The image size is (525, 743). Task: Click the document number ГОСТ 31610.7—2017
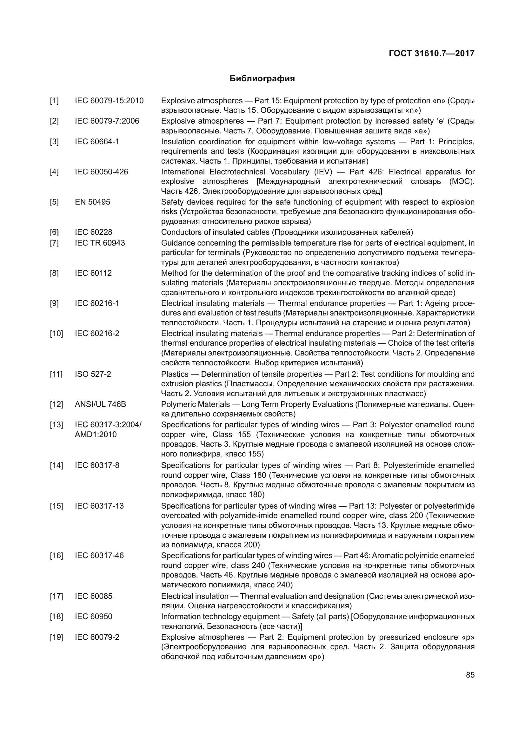click(x=432, y=53)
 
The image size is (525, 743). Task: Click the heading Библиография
click(x=262, y=79)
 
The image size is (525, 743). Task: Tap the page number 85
click(x=470, y=675)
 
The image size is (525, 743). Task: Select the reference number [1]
click(x=54, y=101)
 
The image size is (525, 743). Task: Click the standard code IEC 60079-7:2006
click(x=107, y=121)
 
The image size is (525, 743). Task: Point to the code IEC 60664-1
click(x=97, y=142)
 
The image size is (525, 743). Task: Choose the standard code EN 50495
click(x=92, y=202)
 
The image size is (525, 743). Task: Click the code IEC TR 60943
click(x=100, y=243)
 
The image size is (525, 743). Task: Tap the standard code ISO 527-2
click(x=93, y=374)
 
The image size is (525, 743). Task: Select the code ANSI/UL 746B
click(x=101, y=404)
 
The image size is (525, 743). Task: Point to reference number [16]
click(x=56, y=556)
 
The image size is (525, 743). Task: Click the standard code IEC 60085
click(x=93, y=596)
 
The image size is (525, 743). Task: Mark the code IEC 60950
click(x=93, y=617)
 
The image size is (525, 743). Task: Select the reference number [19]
click(x=56, y=637)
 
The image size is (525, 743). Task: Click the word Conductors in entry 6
click(x=178, y=232)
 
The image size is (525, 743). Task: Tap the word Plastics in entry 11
click(x=175, y=374)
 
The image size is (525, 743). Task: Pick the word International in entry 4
click(x=183, y=172)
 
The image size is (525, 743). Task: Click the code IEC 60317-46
click(x=99, y=556)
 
